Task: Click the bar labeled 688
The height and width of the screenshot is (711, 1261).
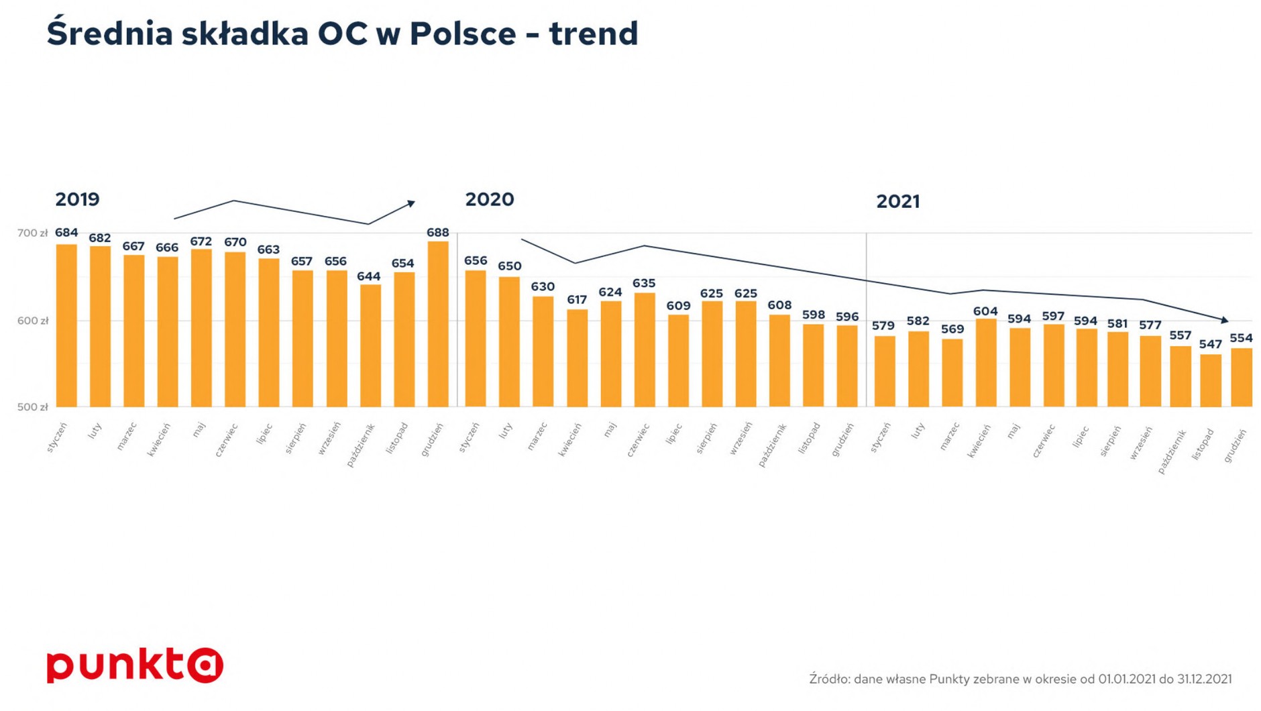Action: [x=438, y=324]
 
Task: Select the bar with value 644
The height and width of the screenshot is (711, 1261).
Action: [x=370, y=346]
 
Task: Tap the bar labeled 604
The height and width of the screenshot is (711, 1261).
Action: [x=986, y=363]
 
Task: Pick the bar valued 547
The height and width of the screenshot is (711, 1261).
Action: [x=1211, y=380]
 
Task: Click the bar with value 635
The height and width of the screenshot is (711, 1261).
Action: [x=645, y=350]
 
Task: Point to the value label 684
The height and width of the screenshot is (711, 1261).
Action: [x=66, y=233]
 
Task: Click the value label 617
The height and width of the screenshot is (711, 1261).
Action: [x=577, y=300]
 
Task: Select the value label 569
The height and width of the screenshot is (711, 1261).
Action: [x=952, y=329]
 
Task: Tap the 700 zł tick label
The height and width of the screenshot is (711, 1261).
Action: [x=33, y=233]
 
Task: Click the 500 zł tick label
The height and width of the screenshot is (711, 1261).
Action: [x=33, y=407]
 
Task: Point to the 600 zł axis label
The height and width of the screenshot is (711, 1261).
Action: [x=33, y=321]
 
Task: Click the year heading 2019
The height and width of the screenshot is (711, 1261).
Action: [x=77, y=199]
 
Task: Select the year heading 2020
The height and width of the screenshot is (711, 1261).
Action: [x=490, y=199]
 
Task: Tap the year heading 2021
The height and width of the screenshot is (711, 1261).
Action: [x=898, y=201]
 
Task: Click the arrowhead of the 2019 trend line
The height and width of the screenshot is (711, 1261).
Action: [x=412, y=203]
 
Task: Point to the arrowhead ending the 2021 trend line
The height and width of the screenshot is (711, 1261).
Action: [x=1225, y=321]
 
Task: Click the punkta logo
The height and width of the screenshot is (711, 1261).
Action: [x=135, y=665]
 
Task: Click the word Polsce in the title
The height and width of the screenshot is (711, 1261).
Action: [x=463, y=34]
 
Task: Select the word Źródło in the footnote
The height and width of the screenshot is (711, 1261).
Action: [x=829, y=679]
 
